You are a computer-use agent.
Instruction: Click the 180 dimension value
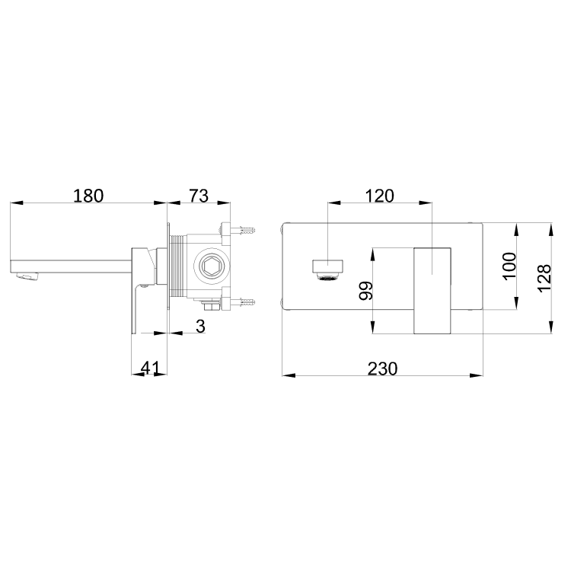pos(88,196)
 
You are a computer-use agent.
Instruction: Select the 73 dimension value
pos(198,196)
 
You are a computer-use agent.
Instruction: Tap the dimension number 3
pos(200,326)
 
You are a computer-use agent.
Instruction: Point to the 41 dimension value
pos(150,368)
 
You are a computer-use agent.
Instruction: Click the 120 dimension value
pos(379,196)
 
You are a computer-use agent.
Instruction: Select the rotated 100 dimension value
pos(509,266)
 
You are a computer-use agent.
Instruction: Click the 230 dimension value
pos(383,368)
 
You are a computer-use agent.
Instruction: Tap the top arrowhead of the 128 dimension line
pos(550,227)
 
